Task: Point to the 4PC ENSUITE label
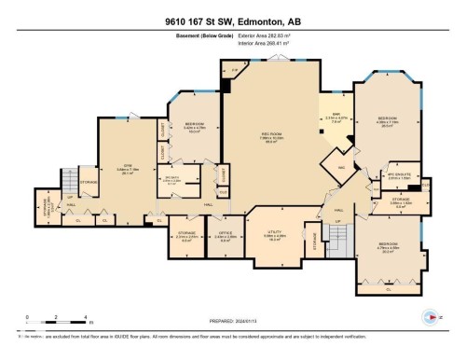[x=398, y=173]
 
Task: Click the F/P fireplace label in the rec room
[x=235, y=70]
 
